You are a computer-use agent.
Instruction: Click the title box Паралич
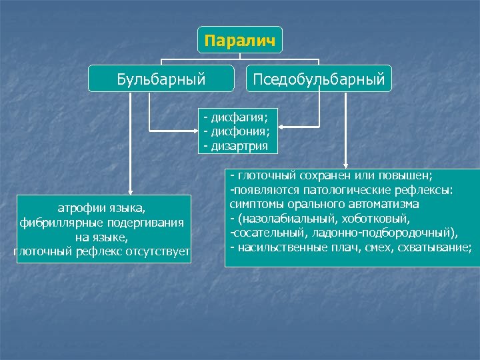point(239,40)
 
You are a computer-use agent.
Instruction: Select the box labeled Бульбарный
point(161,79)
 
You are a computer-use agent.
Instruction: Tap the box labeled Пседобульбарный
point(319,79)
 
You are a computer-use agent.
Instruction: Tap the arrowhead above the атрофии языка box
point(131,191)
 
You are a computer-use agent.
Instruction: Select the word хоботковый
point(383,218)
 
